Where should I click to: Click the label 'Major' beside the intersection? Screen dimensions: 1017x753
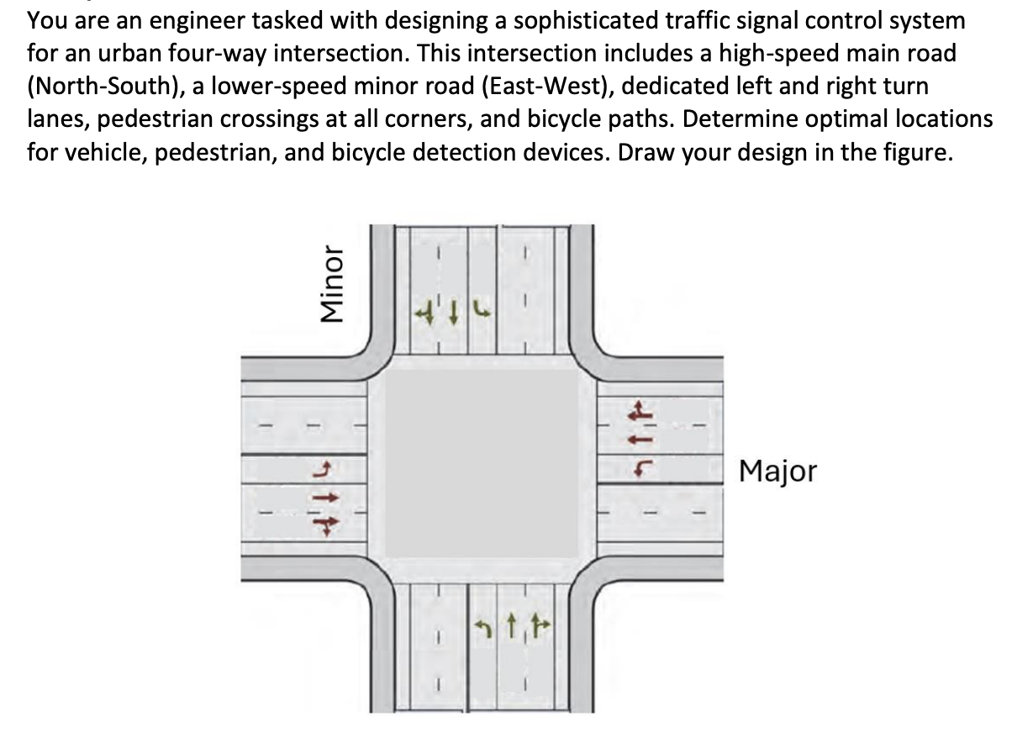click(777, 471)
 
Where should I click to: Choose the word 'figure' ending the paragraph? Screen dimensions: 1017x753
click(919, 152)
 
